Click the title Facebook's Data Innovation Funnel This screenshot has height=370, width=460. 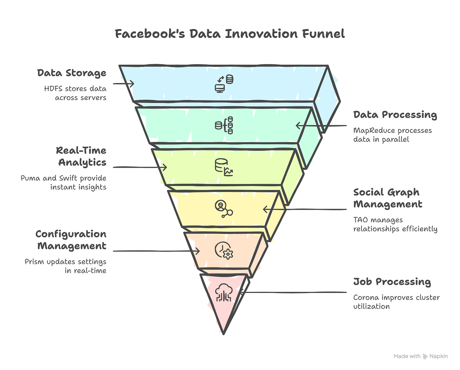coord(230,34)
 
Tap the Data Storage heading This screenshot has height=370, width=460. coord(72,73)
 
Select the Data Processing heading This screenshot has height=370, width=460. coord(395,115)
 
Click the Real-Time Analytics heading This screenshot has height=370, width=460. coord(82,156)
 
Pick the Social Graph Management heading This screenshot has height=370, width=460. coord(388,198)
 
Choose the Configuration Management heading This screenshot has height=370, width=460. coord(71,240)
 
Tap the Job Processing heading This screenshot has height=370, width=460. coord(392,282)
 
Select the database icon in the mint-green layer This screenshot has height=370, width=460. coord(224,125)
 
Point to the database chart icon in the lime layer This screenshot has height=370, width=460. coord(224,167)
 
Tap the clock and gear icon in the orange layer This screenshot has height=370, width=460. coord(224,251)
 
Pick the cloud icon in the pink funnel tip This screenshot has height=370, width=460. coord(224,292)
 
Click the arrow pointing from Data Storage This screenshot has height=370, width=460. coord(124,84)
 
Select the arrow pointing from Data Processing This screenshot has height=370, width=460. coord(321,126)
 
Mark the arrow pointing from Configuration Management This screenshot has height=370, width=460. coord(156,251)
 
